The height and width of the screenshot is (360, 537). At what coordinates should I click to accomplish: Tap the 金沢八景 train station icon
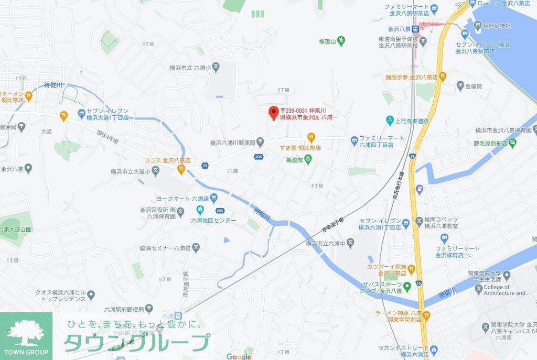[x=414, y=29]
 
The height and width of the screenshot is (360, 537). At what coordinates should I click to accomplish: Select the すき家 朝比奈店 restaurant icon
[x=311, y=138]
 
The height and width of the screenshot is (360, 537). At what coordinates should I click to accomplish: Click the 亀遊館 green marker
[x=308, y=160]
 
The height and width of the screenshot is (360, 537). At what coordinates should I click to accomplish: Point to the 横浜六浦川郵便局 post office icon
[x=261, y=143]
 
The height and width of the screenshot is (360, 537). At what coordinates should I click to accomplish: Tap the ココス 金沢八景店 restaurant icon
[x=181, y=169]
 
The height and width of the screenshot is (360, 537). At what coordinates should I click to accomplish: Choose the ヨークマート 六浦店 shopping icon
[x=214, y=199]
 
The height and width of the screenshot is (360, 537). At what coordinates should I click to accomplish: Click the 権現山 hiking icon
[x=341, y=40]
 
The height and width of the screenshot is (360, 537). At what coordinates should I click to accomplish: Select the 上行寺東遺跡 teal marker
[x=390, y=121]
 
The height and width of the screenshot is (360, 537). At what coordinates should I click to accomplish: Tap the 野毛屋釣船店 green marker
[x=512, y=143]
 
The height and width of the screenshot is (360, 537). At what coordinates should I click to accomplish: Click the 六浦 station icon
[x=179, y=316]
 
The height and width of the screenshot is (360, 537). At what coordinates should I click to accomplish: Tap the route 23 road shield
[x=205, y=165]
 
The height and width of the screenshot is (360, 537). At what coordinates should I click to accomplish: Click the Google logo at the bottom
[x=239, y=356]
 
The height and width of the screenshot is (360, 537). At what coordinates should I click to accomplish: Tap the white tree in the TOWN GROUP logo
[x=26, y=332]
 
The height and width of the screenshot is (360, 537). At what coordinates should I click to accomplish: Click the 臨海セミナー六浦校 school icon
[x=196, y=247]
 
